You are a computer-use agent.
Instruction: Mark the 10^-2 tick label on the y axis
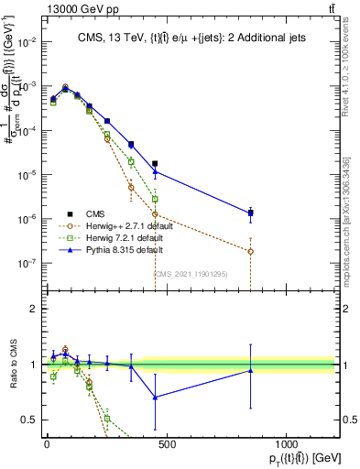pyautogui.click(x=27, y=42)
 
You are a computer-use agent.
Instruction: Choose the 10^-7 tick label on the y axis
pyautogui.click(x=27, y=263)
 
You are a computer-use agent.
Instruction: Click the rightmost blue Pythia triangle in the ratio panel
pyautogui.click(x=250, y=370)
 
